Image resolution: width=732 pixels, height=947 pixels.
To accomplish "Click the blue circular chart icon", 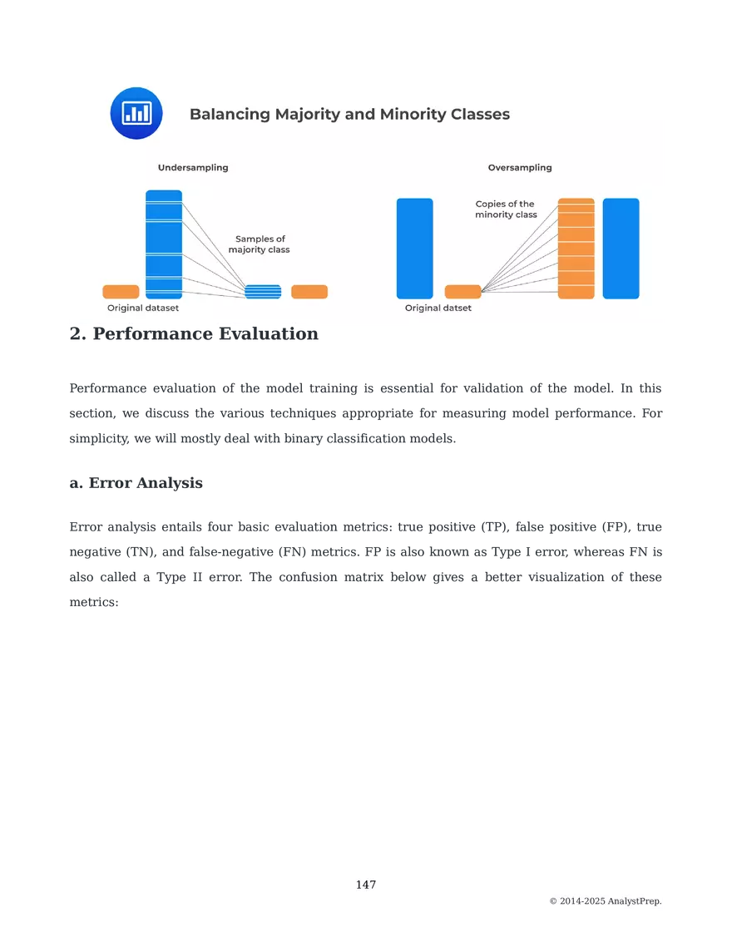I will [136, 113].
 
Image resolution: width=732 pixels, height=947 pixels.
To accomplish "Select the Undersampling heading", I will [193, 167].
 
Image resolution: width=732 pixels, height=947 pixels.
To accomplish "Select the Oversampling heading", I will [520, 167].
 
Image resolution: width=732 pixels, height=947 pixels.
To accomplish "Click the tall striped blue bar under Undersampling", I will [164, 244].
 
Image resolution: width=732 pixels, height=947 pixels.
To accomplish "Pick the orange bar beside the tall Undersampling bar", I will [121, 292].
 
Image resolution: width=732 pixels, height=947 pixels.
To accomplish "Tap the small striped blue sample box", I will [263, 292].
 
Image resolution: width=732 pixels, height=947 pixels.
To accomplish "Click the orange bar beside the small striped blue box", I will [309, 292].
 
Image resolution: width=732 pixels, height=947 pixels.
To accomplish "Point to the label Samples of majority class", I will [260, 244].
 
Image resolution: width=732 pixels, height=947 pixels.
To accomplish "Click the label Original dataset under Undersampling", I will [143, 308].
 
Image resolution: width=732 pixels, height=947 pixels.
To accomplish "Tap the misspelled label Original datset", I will [438, 308].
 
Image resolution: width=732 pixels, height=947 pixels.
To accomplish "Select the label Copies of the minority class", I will [506, 210].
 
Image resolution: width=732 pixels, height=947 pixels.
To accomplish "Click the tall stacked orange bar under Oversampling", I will [576, 249].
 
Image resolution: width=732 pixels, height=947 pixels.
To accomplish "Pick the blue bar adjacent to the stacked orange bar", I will [621, 249].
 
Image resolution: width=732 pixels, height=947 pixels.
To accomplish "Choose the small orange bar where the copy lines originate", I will [462, 292].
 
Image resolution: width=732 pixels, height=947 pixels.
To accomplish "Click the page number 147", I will [366, 885].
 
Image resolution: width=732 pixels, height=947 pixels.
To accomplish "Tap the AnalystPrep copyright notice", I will [606, 901].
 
